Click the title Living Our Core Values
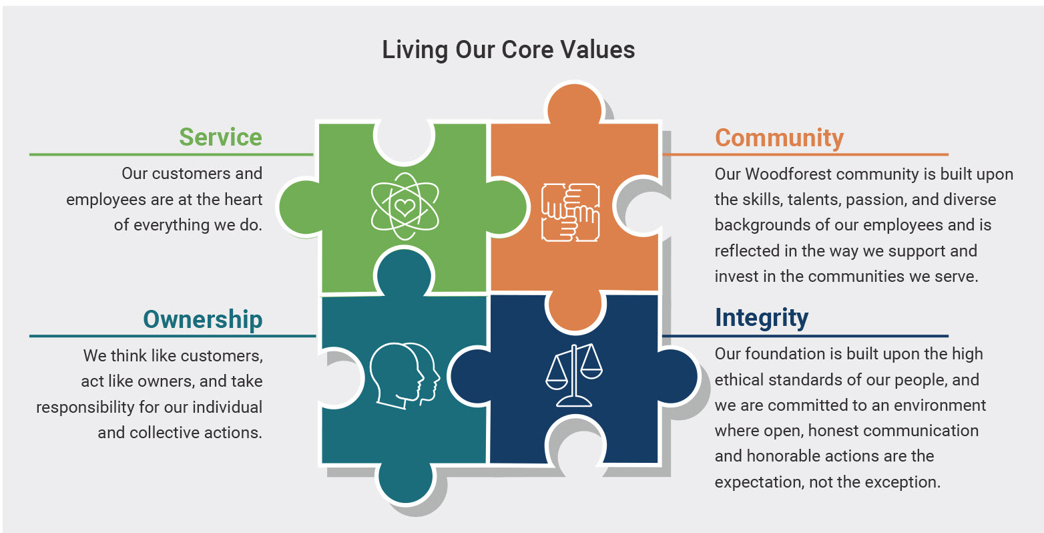point(508,50)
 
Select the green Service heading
point(220,137)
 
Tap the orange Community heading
point(779,138)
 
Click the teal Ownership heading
point(202,319)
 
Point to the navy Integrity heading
point(761,317)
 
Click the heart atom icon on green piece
point(405,206)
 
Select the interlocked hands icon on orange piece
point(570,212)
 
